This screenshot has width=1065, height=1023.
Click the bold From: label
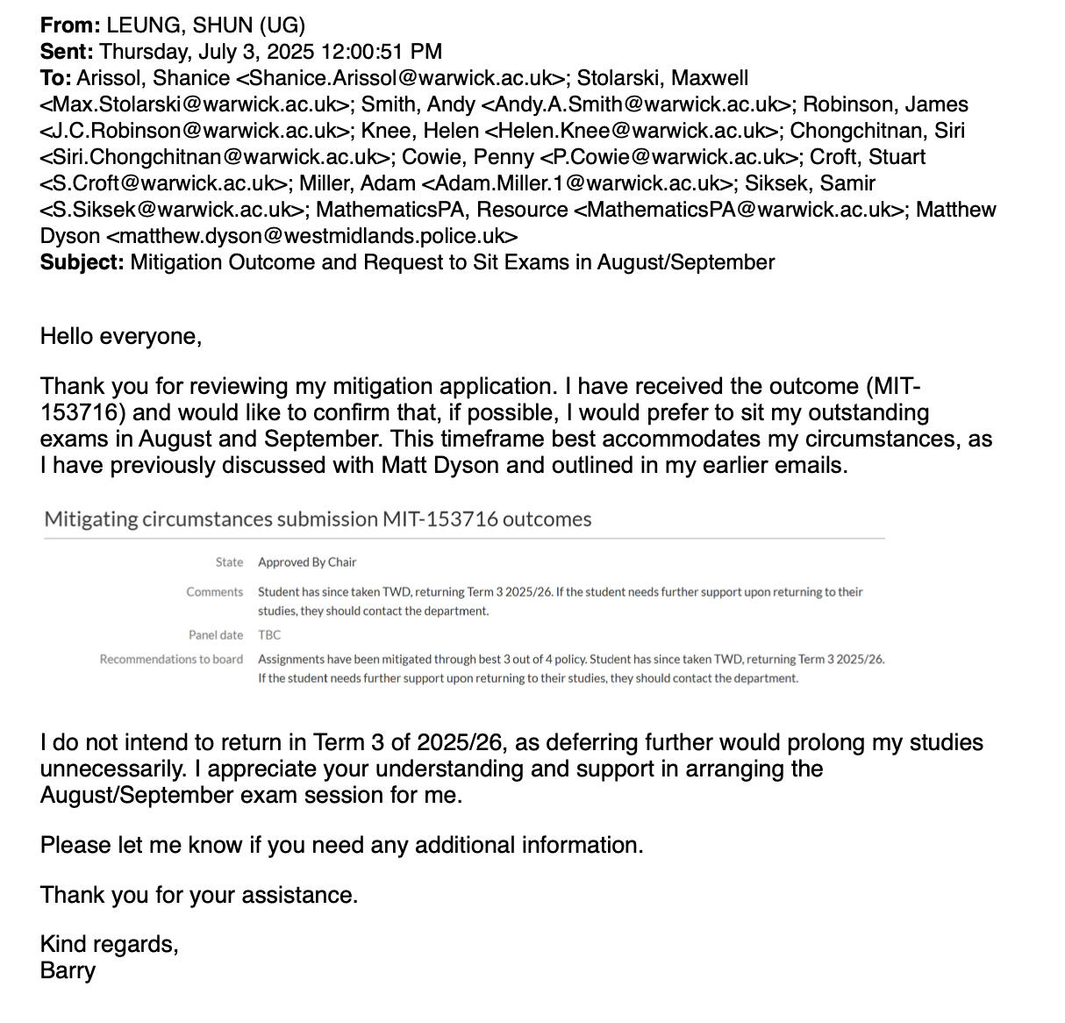coord(70,25)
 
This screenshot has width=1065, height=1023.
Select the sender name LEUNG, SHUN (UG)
coord(206,25)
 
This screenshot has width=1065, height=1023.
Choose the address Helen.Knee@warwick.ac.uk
coord(631,131)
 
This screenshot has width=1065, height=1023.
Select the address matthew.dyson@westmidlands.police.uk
coord(311,236)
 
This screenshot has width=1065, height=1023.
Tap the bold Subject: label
coord(82,262)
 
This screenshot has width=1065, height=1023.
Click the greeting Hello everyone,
coord(121,336)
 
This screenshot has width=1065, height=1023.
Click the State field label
coord(229,562)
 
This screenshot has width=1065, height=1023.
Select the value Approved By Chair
coord(307,562)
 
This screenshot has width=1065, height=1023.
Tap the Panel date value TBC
coord(269,635)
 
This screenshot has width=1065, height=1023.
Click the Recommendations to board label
coord(171,659)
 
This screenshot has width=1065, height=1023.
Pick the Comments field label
coord(214,592)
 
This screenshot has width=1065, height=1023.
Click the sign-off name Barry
coord(68,970)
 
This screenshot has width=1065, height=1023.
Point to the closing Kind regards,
coord(109,944)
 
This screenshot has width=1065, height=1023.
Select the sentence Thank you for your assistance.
coord(199,895)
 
